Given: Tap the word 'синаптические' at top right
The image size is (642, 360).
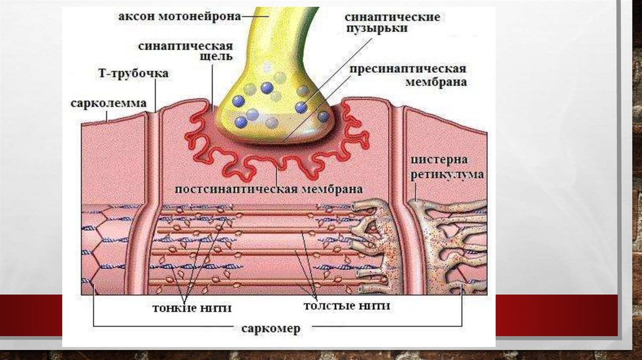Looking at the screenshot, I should pyautogui.click(x=392, y=17).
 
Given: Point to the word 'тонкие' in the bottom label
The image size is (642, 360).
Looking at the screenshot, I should pyautogui.click(x=167, y=307).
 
